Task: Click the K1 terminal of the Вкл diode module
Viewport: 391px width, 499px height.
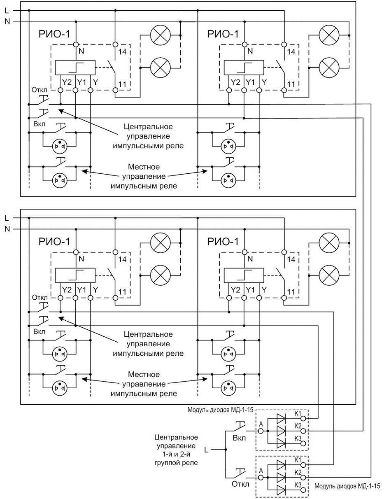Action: click(303, 418)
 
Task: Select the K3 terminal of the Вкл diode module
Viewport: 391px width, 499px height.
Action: click(303, 443)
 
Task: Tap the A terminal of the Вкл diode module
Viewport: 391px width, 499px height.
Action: click(261, 431)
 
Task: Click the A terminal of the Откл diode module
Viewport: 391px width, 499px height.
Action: click(261, 478)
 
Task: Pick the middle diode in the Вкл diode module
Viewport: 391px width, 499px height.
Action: click(281, 431)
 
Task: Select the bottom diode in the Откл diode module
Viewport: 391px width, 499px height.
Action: click(281, 490)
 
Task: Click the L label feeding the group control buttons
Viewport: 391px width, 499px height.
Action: click(206, 450)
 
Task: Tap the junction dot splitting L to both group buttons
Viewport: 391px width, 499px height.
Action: click(226, 450)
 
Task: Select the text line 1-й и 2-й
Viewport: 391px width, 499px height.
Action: click(176, 454)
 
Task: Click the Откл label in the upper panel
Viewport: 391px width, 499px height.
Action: click(40, 90)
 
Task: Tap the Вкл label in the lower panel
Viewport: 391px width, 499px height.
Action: click(39, 331)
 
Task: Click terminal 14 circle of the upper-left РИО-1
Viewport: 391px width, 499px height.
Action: click(115, 44)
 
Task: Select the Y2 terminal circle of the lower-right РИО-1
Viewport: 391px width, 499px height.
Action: click(229, 298)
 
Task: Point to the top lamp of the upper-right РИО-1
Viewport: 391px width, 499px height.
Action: click(329, 35)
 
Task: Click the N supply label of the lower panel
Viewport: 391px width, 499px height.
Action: click(7, 229)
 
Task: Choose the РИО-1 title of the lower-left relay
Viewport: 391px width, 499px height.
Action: click(54, 242)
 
